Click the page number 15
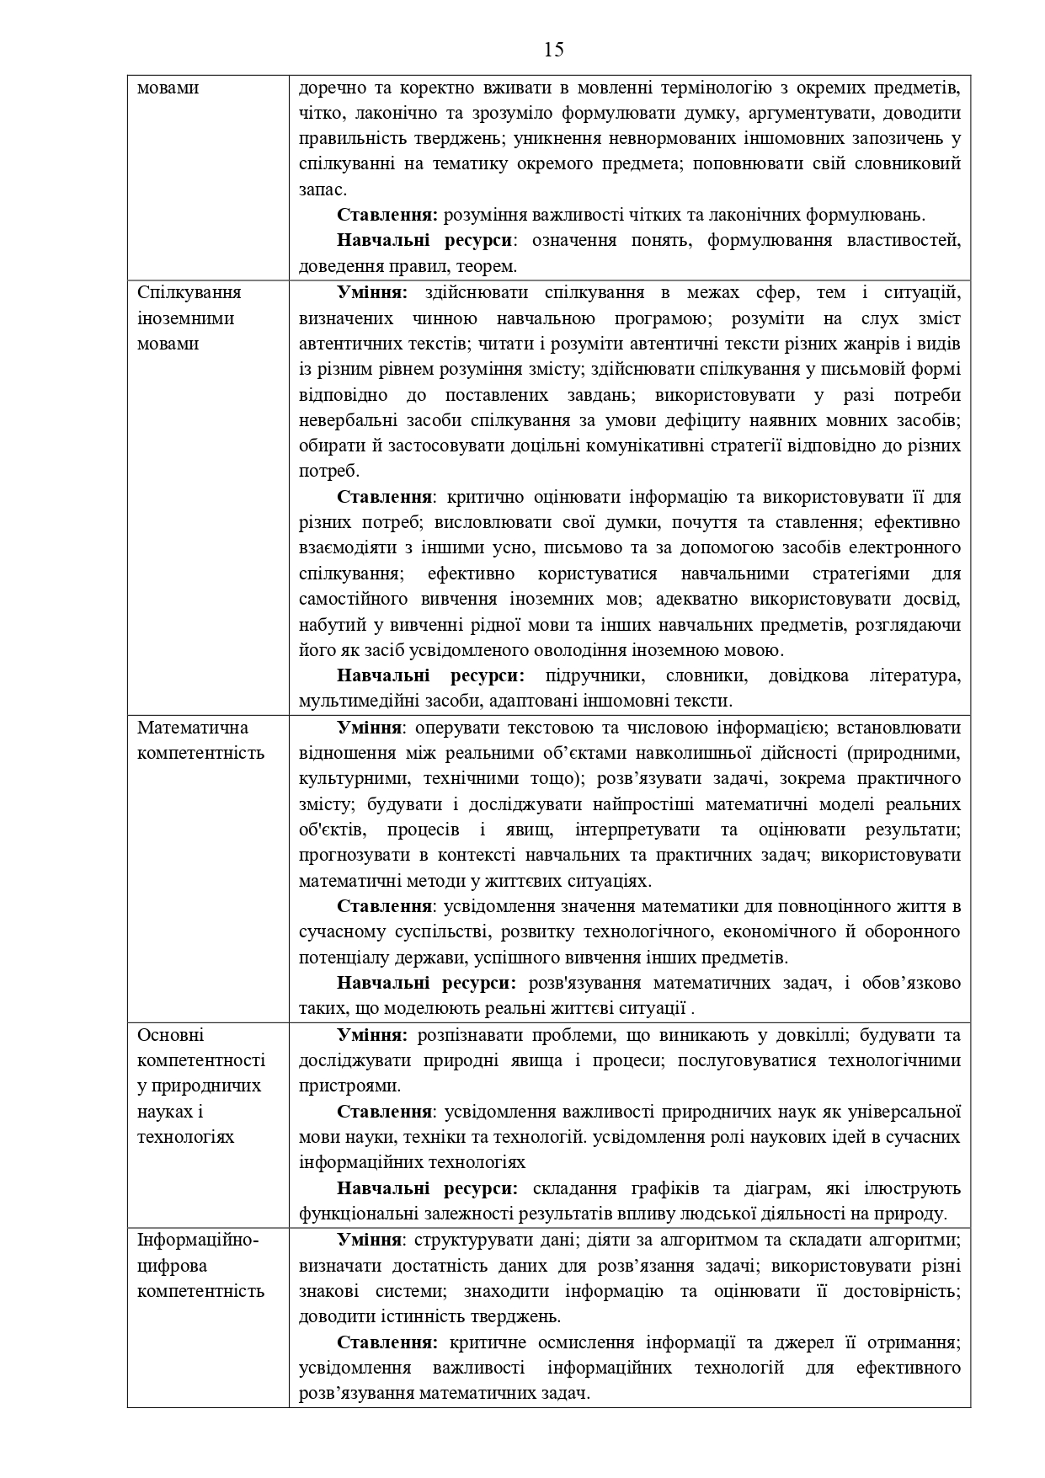tap(553, 50)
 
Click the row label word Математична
tap(193, 727)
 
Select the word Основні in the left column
tap(170, 1034)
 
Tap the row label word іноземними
tap(185, 318)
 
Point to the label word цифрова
tap(172, 1265)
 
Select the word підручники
tap(594, 675)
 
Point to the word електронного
tap(909, 547)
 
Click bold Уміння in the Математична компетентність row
tap(371, 727)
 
